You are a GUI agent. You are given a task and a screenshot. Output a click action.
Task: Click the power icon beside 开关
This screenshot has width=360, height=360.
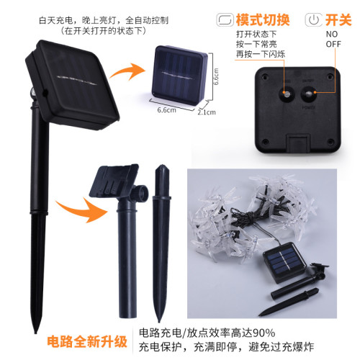coord(315,19)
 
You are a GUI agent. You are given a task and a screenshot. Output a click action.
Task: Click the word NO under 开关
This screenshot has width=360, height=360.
coord(332,34)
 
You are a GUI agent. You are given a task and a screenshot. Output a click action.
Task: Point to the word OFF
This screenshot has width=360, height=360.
coord(333,44)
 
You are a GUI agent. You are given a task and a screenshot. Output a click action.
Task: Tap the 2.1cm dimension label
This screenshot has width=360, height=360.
coord(207,112)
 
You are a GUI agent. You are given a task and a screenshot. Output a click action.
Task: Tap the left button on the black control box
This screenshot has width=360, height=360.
coord(286,94)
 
